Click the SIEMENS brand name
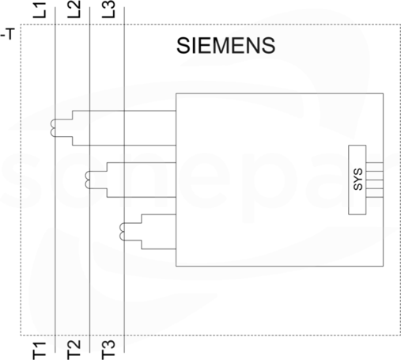tap(225, 46)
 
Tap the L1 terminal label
tap(40, 10)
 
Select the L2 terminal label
tap(74, 9)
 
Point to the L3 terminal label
tap(108, 9)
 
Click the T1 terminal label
tap(40, 351)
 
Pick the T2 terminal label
tap(74, 350)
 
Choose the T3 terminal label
tap(108, 350)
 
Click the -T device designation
tap(8, 34)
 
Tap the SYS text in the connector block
tap(357, 180)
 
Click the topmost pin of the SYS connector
tap(374, 162)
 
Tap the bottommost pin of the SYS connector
tap(374, 197)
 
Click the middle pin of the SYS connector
tap(374, 180)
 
